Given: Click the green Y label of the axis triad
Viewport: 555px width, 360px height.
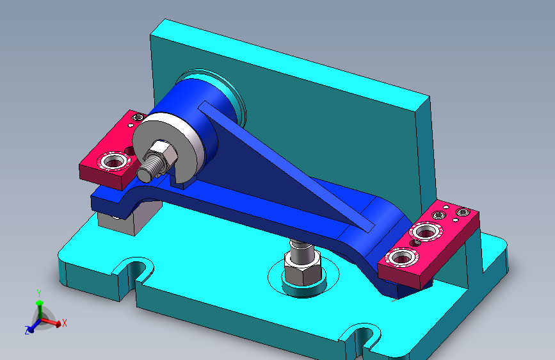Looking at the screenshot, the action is coord(39,293).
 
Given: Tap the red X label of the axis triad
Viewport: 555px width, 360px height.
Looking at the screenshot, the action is coord(65,323).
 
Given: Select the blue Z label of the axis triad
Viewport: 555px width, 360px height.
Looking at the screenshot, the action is coord(27,331).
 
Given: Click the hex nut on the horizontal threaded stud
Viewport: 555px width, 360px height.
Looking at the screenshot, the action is coord(162,156).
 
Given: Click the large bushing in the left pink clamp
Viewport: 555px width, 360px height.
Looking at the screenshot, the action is coord(113,162).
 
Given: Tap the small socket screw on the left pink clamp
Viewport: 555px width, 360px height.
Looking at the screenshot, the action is coord(138,117).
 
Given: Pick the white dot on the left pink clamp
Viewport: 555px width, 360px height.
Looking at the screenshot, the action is coord(131,125).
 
